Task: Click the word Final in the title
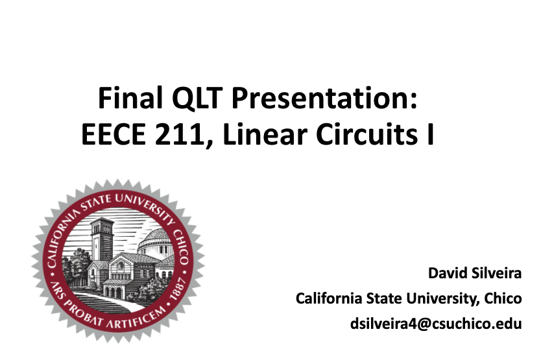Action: [130, 97]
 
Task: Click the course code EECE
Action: [114, 134]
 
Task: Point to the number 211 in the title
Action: [179, 134]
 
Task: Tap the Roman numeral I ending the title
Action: [430, 134]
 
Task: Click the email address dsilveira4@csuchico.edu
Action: [436, 324]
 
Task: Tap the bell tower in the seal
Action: [102, 240]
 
